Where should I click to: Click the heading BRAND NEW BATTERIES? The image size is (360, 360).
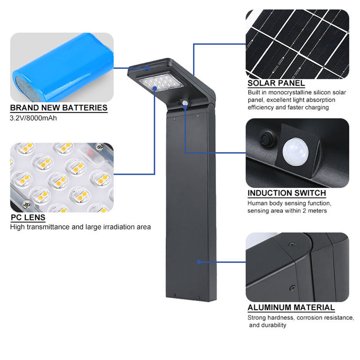point(59,108)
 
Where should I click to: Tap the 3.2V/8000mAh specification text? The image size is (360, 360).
point(33,118)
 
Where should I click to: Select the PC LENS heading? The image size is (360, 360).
point(28,217)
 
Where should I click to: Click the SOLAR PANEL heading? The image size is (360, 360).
point(276,83)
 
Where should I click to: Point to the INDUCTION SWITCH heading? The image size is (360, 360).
point(287,193)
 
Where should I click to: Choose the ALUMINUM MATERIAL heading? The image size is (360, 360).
point(291,308)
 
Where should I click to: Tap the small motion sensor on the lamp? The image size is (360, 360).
point(185,103)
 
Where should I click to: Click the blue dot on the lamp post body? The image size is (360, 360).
point(198,262)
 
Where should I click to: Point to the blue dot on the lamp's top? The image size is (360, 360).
point(148,67)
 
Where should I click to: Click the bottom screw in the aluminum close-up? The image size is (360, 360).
point(291,288)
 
